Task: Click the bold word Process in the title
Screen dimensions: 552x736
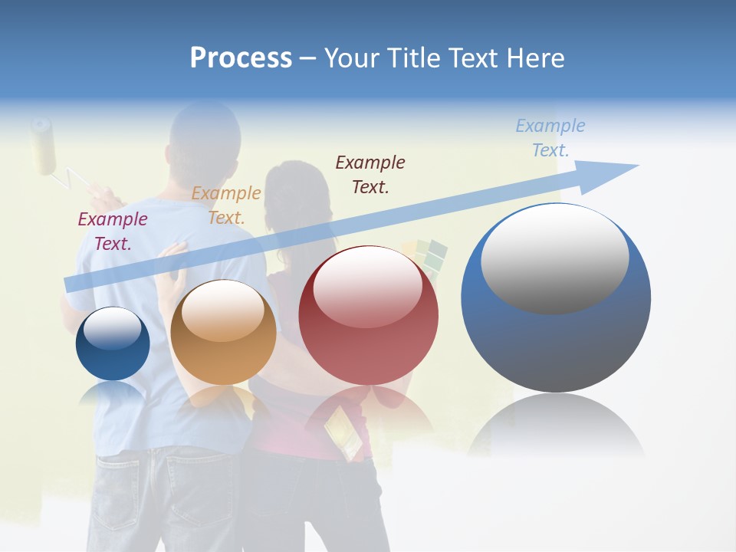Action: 241,58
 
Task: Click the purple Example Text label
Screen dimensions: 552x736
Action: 113,232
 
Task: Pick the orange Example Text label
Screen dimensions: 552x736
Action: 226,205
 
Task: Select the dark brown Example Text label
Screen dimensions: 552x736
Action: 370,174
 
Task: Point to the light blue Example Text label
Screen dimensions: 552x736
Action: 550,137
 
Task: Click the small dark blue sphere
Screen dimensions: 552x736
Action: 113,344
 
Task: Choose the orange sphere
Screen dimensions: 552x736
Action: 223,333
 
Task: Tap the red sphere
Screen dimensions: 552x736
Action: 368,316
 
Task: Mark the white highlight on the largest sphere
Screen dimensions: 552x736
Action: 554,258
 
